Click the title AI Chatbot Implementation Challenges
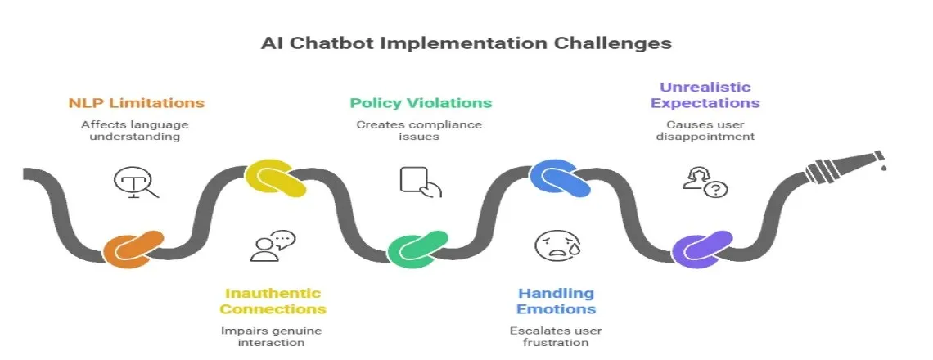tap(466, 43)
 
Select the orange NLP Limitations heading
tap(136, 103)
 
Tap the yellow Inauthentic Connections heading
tap(273, 301)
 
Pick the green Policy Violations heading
tap(421, 103)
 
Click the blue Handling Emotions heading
tap(556, 301)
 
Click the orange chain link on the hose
tap(133, 250)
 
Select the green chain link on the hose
tap(417, 251)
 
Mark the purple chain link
tap(701, 251)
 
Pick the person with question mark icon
tap(705, 182)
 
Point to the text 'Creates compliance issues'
tap(419, 131)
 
